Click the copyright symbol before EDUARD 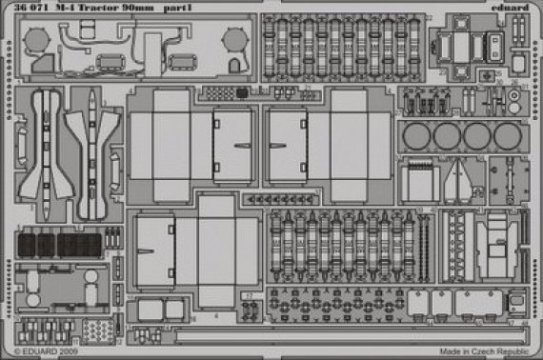point(19,350)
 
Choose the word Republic point(513,350)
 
